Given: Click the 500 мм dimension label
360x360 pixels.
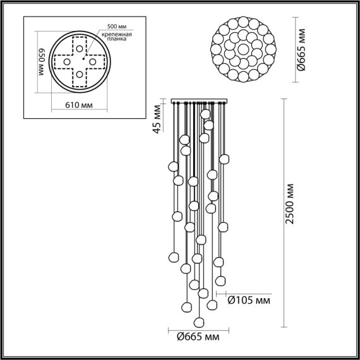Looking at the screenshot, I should tap(116, 26).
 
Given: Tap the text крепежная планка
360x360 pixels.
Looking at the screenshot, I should tap(116, 36).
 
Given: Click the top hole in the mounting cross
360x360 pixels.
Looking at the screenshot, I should tap(79, 49).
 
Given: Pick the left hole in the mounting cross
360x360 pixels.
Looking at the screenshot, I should tap(65, 63).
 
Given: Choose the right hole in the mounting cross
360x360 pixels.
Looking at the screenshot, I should tap(92, 63).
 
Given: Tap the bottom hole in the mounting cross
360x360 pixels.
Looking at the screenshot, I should tap(79, 76).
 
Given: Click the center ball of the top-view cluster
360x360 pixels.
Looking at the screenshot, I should tap(243, 49).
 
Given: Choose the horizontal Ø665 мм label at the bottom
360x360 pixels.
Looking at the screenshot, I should tap(199, 338).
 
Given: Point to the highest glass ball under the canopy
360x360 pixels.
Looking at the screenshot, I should tap(205, 114).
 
